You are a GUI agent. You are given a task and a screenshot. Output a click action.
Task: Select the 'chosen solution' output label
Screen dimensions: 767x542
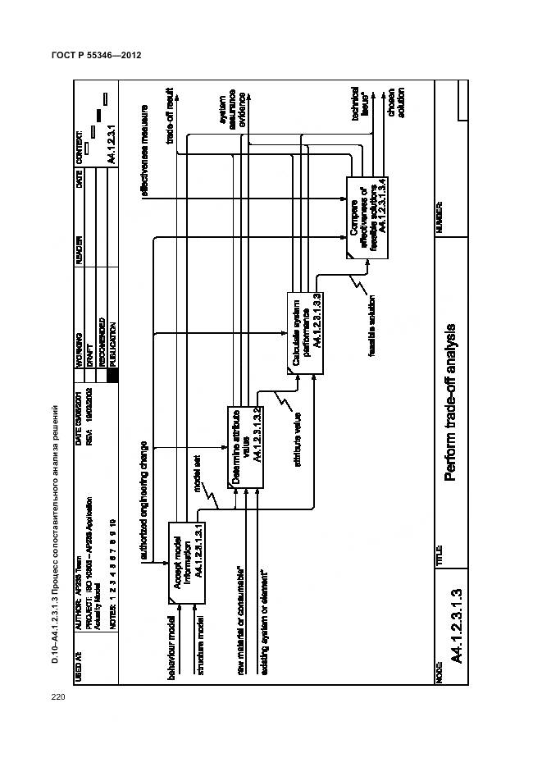397,103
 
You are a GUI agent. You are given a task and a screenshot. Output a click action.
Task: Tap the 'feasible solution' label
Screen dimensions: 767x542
371,325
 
